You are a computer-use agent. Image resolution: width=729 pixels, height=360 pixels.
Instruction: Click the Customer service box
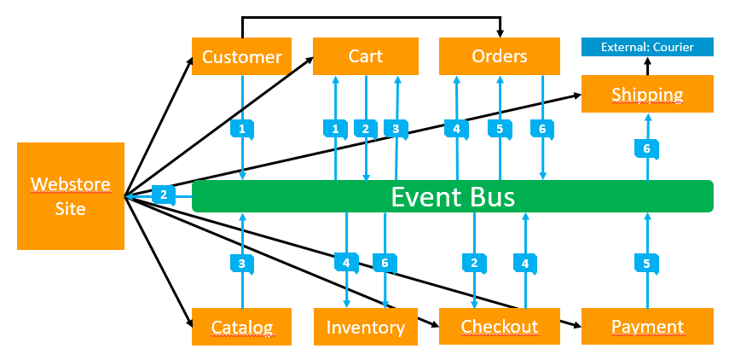tap(242, 57)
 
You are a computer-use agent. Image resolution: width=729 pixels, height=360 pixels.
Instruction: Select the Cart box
tap(365, 56)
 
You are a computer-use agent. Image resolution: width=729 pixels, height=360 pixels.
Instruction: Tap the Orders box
tap(499, 56)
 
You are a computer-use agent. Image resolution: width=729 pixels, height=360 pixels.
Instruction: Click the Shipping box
tap(647, 94)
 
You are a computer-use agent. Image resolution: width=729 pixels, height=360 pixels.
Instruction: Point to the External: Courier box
tap(647, 47)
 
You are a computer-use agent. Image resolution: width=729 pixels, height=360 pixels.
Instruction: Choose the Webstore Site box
tap(71, 196)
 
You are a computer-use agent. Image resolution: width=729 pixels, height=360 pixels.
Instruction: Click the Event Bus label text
tap(453, 196)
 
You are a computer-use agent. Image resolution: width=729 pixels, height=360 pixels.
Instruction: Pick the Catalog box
tap(242, 327)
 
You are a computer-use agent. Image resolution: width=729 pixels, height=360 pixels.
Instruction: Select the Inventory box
tap(365, 327)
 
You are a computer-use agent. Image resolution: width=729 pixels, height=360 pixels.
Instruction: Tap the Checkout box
tap(499, 327)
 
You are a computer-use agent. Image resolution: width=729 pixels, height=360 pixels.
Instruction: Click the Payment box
tap(647, 327)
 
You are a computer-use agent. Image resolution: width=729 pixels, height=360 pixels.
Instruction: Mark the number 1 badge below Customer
tap(242, 130)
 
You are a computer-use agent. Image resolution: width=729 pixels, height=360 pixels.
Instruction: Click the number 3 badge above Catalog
tap(242, 264)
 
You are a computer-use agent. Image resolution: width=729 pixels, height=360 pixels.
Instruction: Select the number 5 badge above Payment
tap(647, 264)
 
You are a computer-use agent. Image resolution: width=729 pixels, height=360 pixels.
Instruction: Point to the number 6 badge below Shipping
tap(647, 148)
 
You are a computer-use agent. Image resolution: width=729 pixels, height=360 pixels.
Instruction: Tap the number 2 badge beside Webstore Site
tap(164, 195)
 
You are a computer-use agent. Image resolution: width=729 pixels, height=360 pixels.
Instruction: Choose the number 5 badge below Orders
tap(500, 130)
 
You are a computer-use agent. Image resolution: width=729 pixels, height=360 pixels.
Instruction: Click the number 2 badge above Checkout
tap(474, 264)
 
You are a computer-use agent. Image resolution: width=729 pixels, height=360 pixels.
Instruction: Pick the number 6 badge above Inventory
tap(385, 264)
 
